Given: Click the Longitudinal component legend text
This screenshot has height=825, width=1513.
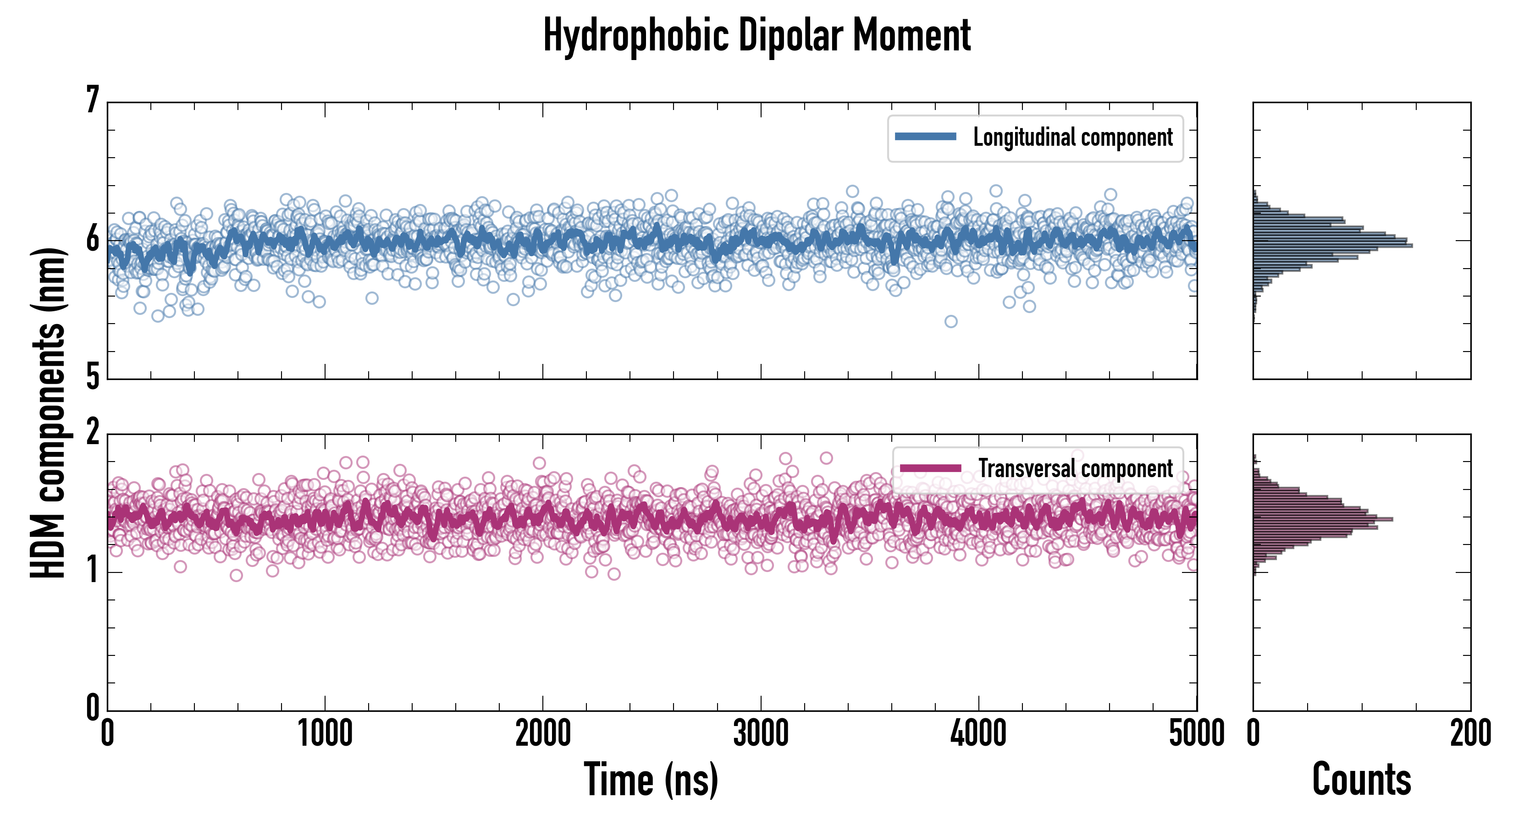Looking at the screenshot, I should click(x=1072, y=137).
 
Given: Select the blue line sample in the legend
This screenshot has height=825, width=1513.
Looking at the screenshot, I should click(x=925, y=137).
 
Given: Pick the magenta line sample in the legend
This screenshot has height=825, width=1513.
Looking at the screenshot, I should click(x=930, y=468).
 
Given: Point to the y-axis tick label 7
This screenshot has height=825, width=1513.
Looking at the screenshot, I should click(x=93, y=100).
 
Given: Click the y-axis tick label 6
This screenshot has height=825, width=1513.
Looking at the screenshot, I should click(x=93, y=240).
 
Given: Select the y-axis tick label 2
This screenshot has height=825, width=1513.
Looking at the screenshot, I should click(x=93, y=433).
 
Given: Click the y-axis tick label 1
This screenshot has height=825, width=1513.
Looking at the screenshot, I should click(x=93, y=571).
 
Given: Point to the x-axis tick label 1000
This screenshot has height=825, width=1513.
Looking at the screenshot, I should click(x=325, y=734).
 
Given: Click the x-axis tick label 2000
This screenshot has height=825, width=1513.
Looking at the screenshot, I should click(x=543, y=734).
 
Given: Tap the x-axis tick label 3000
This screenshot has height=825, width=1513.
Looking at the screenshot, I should click(x=761, y=734).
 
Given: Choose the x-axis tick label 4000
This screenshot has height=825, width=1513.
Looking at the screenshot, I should click(x=978, y=734).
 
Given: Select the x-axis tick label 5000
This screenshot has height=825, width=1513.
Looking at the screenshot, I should click(x=1197, y=734).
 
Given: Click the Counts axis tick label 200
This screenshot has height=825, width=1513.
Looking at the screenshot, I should click(x=1470, y=734).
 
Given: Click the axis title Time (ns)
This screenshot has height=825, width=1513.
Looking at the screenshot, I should click(x=651, y=780).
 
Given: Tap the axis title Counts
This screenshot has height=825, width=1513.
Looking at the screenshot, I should click(x=1361, y=780).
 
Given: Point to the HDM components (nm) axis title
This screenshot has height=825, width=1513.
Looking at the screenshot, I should click(x=48, y=413).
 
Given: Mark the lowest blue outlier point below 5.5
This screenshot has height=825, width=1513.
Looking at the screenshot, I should click(x=951, y=321).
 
